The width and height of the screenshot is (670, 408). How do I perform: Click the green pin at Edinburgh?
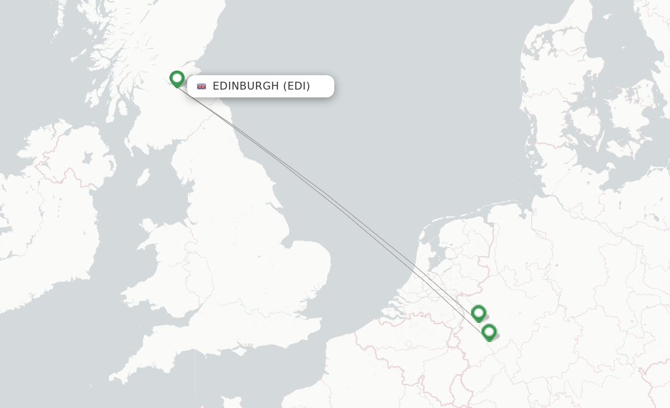coord(177,78)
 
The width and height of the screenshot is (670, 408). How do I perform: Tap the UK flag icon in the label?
coord(202,86)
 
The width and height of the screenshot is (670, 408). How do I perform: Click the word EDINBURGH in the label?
coord(246,86)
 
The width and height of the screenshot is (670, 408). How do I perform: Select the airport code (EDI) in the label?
coord(296,86)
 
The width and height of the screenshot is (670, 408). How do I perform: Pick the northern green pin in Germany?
coord(478,313)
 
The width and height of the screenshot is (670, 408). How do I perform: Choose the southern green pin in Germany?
coord(489,332)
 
